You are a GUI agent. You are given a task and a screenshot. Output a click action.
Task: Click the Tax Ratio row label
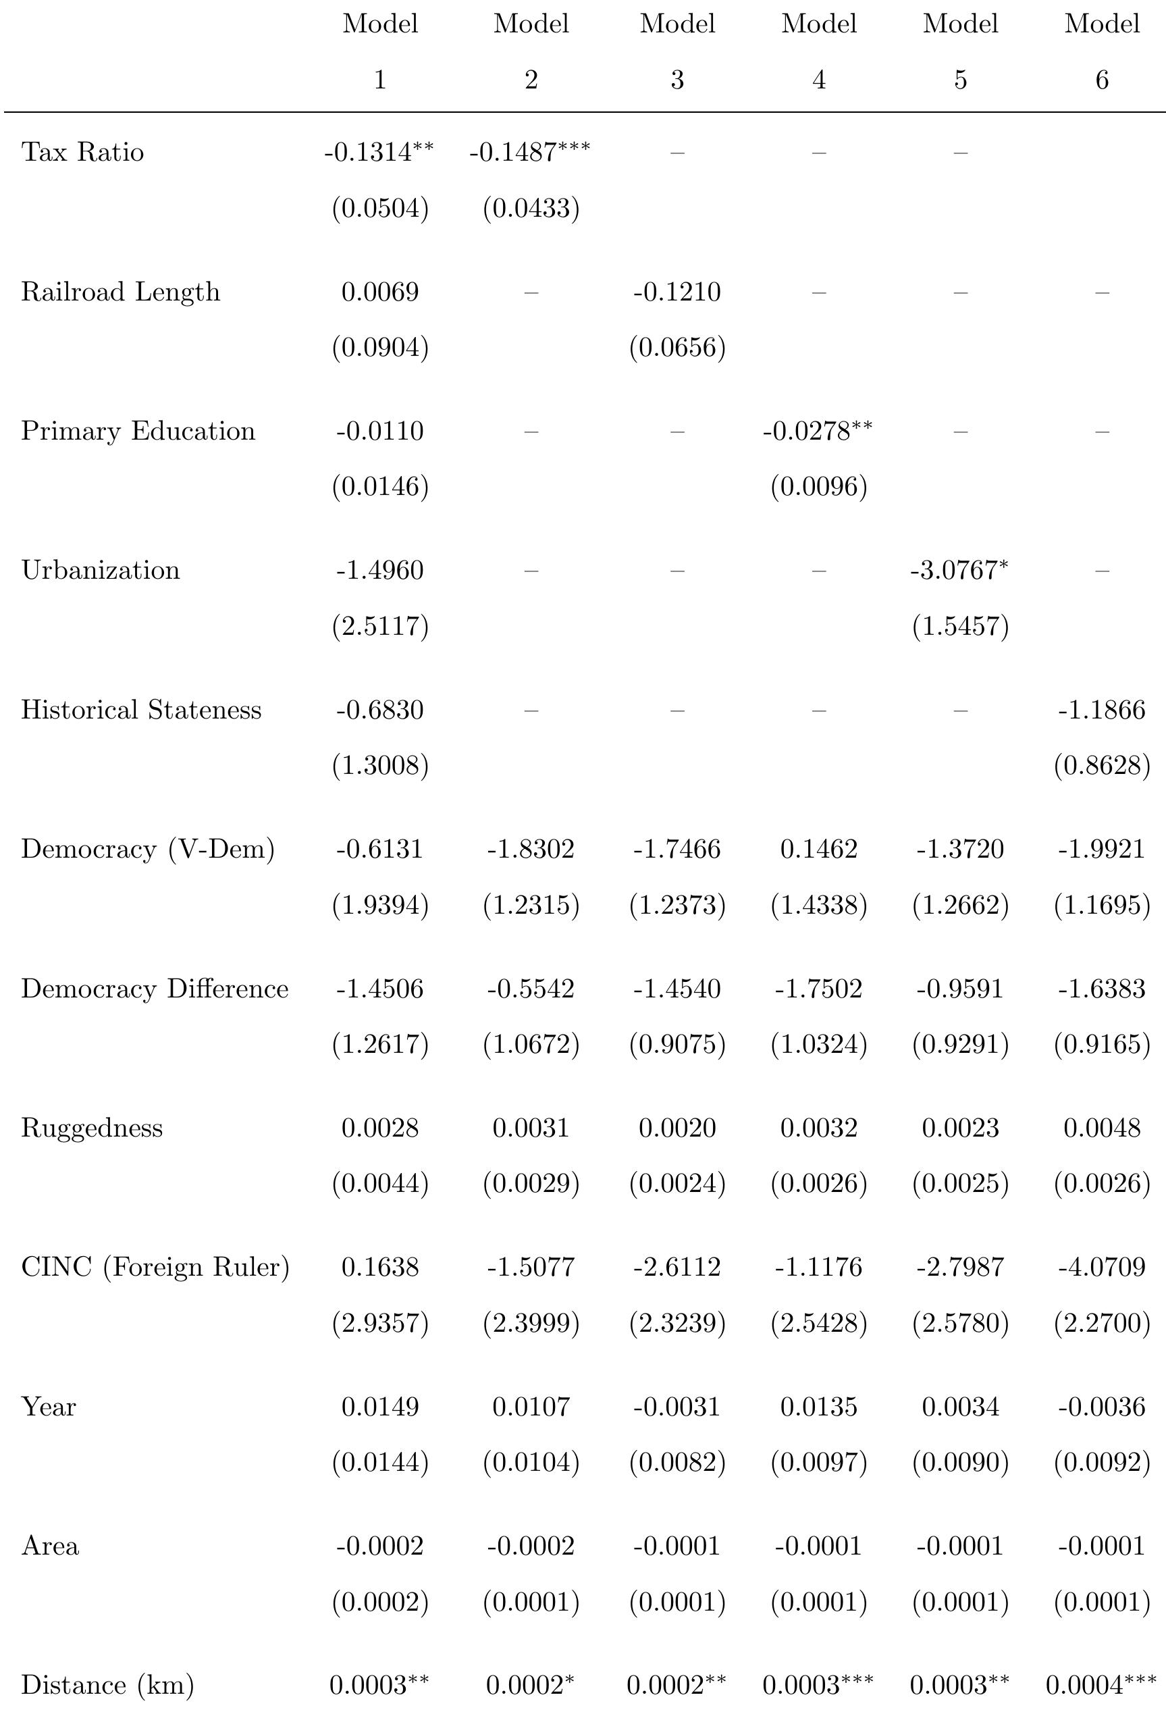[x=82, y=152]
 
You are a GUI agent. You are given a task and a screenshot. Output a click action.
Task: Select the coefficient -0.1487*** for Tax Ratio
[x=529, y=152]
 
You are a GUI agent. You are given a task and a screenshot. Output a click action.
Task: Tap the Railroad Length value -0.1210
[x=677, y=292]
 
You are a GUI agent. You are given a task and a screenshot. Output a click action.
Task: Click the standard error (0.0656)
[x=677, y=347]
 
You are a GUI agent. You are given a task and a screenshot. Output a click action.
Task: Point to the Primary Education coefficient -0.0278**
[x=817, y=431]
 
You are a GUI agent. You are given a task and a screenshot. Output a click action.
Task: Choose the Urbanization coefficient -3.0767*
[x=959, y=570]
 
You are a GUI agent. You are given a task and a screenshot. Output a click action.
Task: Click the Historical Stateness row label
[x=141, y=710]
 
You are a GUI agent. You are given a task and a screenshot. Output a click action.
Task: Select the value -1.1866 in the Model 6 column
[x=1102, y=710]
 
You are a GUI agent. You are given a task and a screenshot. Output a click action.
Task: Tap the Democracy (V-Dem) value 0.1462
[x=819, y=849]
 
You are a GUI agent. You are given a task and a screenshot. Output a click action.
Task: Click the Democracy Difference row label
[x=154, y=988]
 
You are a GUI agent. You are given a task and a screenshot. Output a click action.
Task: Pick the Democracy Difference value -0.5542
[x=530, y=988]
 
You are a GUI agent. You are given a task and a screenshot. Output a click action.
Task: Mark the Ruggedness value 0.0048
[x=1102, y=1128]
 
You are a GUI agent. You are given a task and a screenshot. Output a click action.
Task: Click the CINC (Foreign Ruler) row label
[x=155, y=1267]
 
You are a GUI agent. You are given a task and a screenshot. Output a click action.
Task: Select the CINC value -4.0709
[x=1102, y=1267]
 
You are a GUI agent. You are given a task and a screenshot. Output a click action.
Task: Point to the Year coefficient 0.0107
[x=531, y=1407]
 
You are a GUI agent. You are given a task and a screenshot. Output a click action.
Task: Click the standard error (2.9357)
[x=380, y=1323]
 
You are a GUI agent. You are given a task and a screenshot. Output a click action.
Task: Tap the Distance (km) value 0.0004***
[x=1101, y=1685]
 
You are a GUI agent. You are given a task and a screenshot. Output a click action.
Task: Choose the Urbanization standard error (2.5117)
[x=380, y=626]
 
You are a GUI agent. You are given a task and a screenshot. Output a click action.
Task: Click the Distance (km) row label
[x=107, y=1685]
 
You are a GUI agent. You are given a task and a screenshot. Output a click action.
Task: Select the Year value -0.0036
[x=1102, y=1407]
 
